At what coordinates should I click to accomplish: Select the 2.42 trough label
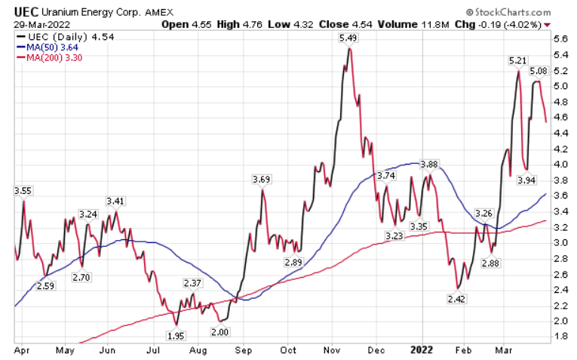point(456,299)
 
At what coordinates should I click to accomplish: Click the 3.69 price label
point(261,179)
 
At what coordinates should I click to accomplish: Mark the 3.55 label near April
point(23,191)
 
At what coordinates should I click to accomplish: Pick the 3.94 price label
point(526,180)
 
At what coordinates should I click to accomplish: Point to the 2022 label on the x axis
point(422,351)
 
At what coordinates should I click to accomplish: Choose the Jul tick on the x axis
point(153,351)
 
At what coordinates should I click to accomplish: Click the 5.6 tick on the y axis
point(561,38)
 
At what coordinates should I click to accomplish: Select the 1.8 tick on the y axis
point(561,336)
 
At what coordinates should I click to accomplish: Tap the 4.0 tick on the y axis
point(561,164)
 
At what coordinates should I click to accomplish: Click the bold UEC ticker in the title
point(27,12)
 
